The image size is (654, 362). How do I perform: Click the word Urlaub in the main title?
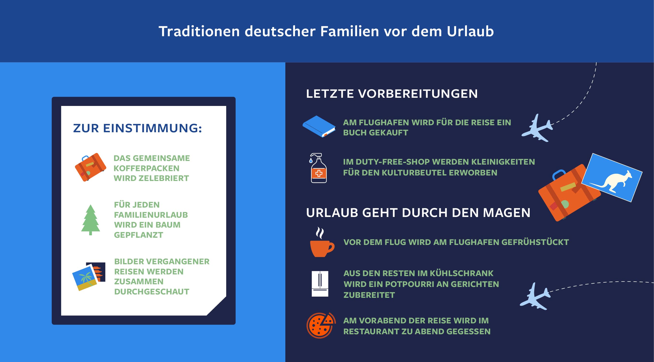point(470,31)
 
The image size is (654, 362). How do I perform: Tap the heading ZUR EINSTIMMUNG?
point(138,128)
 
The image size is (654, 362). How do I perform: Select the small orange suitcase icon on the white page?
point(90,167)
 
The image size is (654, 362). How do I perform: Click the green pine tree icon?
point(91,220)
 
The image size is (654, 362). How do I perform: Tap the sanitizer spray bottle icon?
point(318,168)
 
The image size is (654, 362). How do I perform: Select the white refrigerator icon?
point(320,284)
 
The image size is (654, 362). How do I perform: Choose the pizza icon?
point(321,325)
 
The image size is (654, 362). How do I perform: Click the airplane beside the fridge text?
point(535,296)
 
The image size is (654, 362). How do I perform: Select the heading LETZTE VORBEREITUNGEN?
point(392,94)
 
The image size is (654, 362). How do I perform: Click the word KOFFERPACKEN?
point(147,168)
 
